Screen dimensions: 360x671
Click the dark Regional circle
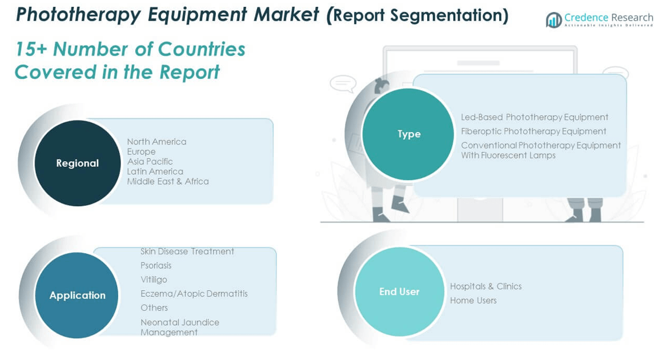point(78,163)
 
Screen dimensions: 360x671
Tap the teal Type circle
point(408,134)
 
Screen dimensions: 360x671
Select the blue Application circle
point(77,295)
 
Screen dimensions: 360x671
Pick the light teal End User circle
point(399,291)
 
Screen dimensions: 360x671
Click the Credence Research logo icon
point(553,20)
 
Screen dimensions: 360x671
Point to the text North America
point(156,142)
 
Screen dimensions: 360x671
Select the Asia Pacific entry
point(150,162)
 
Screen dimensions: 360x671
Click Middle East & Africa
point(168,181)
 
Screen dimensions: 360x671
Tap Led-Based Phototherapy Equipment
point(535,117)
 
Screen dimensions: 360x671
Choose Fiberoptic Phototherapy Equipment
point(533,131)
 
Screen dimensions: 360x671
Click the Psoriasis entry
point(156,266)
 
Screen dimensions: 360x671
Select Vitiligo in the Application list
point(154,279)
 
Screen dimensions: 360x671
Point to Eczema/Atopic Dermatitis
point(194,294)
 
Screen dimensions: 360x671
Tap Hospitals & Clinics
point(485,286)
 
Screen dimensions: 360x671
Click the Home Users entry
point(473,301)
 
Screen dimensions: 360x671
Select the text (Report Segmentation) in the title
point(417,15)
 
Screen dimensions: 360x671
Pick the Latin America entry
point(155,171)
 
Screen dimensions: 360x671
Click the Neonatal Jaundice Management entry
point(179,327)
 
